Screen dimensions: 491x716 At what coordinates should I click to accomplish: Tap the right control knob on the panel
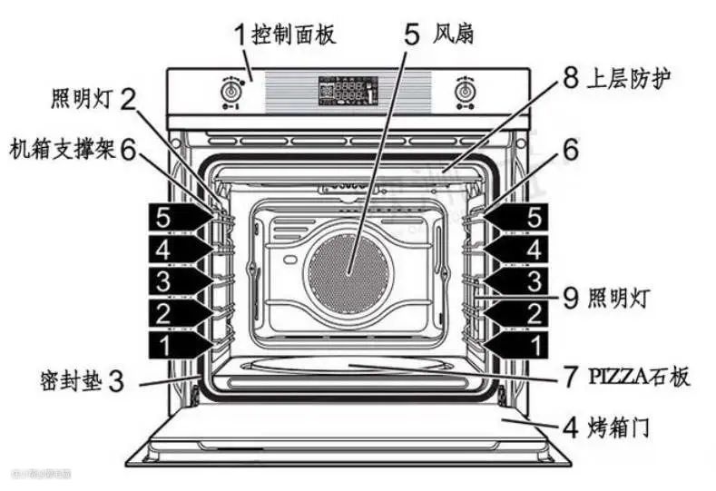coord(466,93)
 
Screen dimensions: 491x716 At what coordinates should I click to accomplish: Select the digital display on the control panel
coord(348,91)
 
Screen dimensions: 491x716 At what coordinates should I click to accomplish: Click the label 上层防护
coord(629,79)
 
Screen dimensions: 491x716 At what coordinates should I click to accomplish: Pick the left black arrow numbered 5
coord(179,219)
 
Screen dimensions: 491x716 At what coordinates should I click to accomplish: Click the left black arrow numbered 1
coord(179,345)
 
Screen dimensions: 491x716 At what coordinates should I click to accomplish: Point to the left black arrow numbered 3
coord(179,281)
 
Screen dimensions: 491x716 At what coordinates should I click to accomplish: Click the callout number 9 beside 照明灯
coord(569,297)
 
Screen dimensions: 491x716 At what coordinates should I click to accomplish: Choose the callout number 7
coord(570,375)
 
